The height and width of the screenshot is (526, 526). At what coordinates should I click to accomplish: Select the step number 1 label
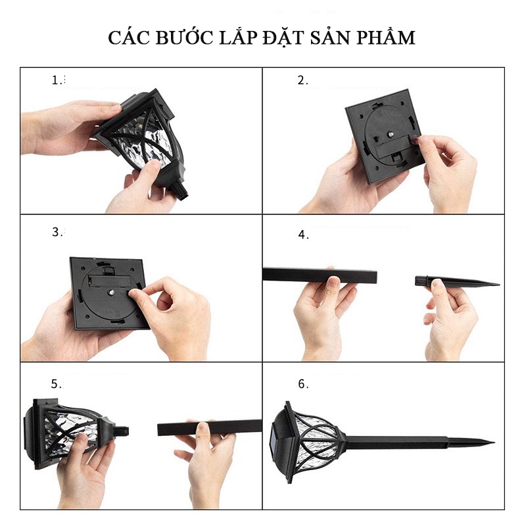point(58,80)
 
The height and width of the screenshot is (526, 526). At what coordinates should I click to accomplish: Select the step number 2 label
point(302,80)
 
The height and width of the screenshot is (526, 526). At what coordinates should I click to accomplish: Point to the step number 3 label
point(58,232)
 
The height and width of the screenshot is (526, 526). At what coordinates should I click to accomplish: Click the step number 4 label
point(302,235)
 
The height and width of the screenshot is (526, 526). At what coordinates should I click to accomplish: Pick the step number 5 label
point(57,384)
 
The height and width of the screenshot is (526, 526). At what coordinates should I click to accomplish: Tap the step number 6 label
point(302,384)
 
